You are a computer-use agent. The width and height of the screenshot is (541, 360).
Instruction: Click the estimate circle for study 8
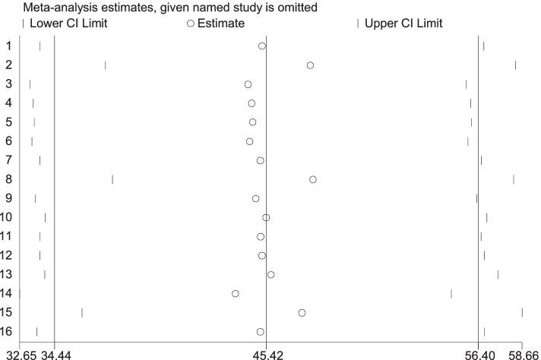coord(313,179)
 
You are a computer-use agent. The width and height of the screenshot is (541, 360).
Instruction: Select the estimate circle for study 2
coord(310,65)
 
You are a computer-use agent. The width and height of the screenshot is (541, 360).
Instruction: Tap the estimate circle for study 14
coord(236,293)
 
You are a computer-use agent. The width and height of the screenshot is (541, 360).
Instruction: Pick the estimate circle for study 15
coord(302,313)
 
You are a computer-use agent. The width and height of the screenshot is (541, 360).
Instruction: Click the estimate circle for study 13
coord(270,274)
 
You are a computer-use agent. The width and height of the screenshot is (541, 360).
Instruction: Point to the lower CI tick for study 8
coord(112,179)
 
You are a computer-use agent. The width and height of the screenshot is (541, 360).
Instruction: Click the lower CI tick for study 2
coord(105,65)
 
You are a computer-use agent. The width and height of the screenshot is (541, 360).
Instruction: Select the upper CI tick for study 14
coord(451,293)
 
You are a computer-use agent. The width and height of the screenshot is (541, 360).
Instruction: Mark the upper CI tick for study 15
coord(522,313)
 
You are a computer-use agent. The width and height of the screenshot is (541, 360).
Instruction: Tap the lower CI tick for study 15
coord(82,313)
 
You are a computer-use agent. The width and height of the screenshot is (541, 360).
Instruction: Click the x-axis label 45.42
coord(266,354)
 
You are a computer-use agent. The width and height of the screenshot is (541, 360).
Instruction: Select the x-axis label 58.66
coord(524,354)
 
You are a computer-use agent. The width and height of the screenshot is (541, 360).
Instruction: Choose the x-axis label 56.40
coord(479,354)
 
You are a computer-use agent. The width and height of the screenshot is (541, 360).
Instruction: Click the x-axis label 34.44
coord(55,354)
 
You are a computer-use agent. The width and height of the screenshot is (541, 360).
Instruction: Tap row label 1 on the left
coord(8,46)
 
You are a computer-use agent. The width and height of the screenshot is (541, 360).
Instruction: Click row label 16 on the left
coord(5,332)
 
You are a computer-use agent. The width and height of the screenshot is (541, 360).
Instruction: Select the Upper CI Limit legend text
coord(403,24)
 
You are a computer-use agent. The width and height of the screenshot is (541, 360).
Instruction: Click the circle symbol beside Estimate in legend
coord(191,24)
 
